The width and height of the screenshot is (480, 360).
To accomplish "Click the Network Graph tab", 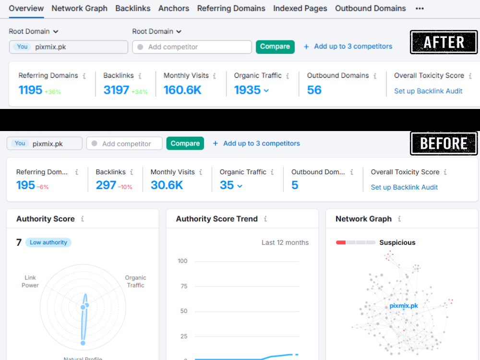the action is point(79,8).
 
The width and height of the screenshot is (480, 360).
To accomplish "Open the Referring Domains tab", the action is point(231,8).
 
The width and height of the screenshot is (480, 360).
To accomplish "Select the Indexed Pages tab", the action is point(300,8).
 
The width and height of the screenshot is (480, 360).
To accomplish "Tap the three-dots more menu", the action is point(420,9).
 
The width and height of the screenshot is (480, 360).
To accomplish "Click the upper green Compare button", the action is point(275,47).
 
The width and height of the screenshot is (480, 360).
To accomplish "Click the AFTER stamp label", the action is point(444,42).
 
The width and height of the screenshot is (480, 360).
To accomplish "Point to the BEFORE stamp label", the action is point(444,144).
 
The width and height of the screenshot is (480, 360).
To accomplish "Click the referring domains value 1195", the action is point(30,90).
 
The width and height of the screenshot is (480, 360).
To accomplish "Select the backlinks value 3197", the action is point(116,90).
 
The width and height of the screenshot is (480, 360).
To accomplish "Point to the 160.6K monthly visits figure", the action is point(182,90).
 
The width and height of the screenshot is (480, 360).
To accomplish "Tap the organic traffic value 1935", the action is point(247,90).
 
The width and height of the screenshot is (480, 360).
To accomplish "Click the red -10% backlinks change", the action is point(125,187).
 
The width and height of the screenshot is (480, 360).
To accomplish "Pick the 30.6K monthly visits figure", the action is point(167,185).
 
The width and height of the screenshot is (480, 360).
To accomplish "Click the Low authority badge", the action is point(48,242).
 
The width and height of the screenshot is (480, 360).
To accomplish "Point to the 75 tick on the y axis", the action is point(184,286).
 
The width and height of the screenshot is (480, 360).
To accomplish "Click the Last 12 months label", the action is point(285,242).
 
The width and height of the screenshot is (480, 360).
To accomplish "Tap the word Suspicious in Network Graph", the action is point(397,242).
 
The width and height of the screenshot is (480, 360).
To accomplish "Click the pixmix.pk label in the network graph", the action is point(404,305).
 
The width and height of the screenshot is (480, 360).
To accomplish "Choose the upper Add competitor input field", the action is point(192,47).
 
